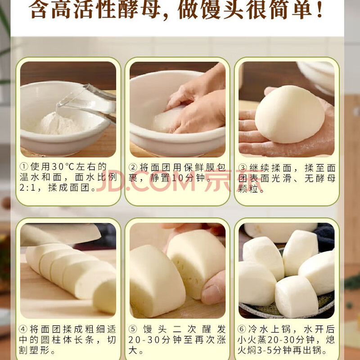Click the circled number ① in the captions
[x=24, y=166]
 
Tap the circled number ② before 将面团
[x=133, y=167]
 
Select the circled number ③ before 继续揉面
[x=243, y=167]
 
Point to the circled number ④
[x=23, y=329]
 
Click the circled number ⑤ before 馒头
[x=133, y=329]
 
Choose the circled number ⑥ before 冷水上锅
[x=242, y=329]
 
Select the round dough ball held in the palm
[x=290, y=114]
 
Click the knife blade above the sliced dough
[x=61, y=234]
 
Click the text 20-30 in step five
[x=144, y=340]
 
